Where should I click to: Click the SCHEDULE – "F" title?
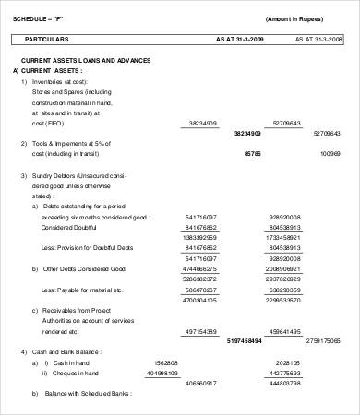(38, 19)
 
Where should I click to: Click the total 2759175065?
(322, 340)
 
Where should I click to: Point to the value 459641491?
(282, 330)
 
